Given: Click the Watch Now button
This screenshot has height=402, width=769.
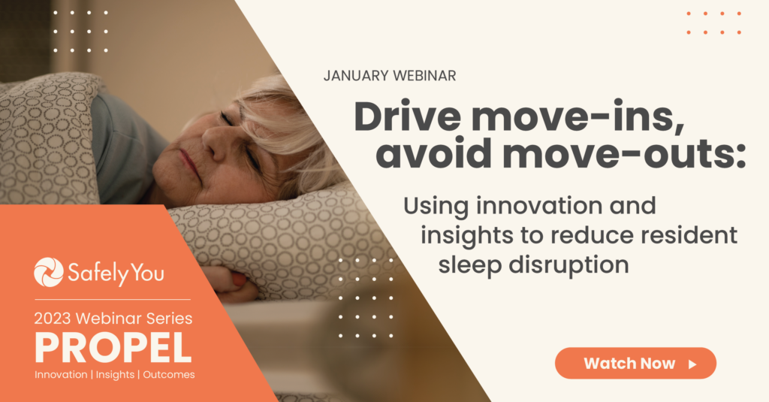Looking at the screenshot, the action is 635,363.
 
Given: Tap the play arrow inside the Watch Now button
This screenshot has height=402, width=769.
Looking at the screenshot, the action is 692,364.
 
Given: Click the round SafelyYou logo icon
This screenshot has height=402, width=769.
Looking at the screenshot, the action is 49,272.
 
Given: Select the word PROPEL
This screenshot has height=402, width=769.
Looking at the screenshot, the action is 113,347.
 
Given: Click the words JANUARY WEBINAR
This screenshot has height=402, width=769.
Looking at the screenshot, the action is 390,76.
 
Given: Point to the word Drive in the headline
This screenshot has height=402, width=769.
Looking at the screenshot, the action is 408,116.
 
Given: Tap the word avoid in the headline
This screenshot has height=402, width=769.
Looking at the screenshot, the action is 434,153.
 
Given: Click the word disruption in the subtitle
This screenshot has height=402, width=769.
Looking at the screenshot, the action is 568,265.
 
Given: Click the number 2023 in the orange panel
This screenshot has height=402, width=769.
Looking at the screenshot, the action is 53,319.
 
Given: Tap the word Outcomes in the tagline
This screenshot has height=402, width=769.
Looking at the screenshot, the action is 169,374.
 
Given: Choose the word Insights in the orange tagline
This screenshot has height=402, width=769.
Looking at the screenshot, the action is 115,375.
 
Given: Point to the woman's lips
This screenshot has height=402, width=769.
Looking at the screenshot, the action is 189,164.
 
